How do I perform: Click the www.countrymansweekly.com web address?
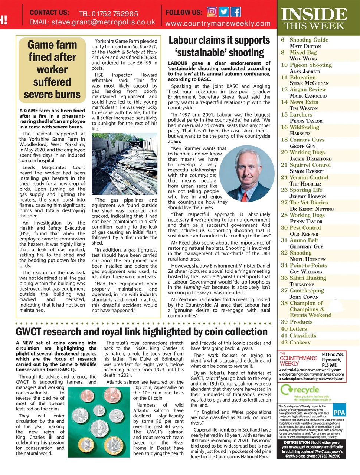click(218, 23)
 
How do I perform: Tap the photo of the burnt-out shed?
click(124, 164)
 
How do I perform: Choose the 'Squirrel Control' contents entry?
click(310, 165)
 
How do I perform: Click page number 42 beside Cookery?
click(284, 343)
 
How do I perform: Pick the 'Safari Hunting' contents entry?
click(308, 278)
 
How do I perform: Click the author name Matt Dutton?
click(305, 46)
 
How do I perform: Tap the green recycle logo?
click(300, 390)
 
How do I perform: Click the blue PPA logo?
click(339, 412)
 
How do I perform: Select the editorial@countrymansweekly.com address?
click(312, 370)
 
